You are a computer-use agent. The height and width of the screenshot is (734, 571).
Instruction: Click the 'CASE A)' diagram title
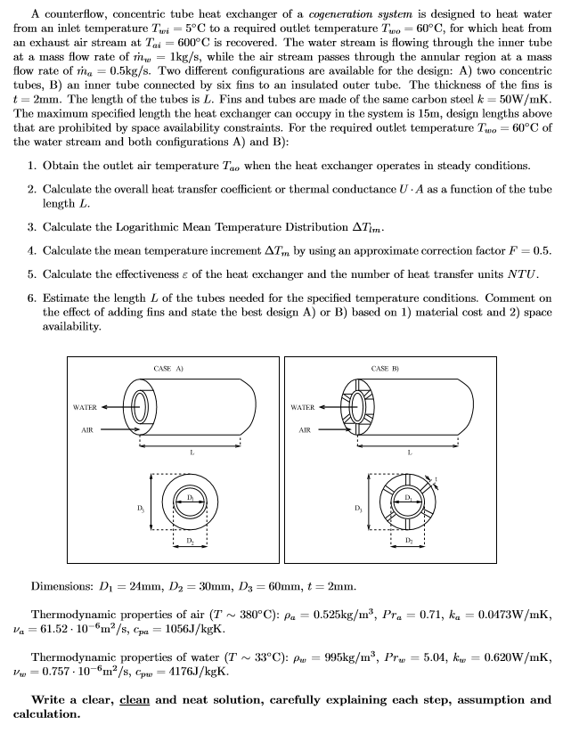[162, 367]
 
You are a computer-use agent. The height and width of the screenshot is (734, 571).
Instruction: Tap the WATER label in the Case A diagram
[85, 407]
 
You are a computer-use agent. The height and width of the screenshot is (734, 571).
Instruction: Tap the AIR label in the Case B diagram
[305, 429]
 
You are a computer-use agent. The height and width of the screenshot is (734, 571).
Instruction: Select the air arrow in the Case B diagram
[334, 429]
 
